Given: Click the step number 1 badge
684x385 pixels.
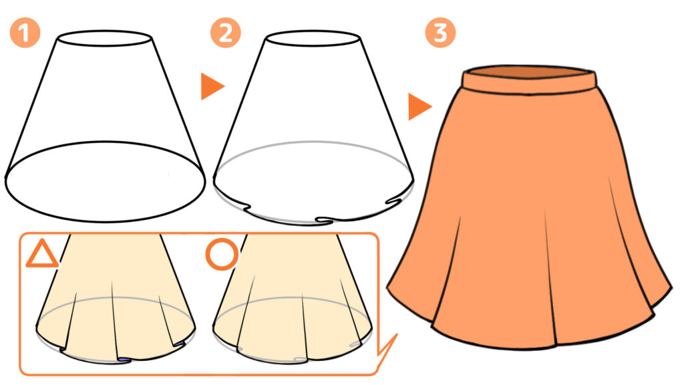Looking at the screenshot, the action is point(25,33).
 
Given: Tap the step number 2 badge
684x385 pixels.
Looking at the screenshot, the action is point(226,33).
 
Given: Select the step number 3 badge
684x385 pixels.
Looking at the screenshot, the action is point(440,33).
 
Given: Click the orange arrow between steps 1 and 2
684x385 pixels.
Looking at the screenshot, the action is point(212,86).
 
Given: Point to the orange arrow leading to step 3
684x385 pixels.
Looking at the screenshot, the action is point(419,106).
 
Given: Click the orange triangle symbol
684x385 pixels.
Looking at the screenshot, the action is point(42,255).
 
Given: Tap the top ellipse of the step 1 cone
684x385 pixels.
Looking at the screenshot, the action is point(105,31).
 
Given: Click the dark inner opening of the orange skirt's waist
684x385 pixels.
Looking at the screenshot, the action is point(530,72).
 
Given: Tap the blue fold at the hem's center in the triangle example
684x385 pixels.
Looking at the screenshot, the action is point(125,359).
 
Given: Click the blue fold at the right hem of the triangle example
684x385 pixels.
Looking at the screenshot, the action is point(179,345).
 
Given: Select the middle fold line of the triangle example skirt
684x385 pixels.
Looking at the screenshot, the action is point(115,320).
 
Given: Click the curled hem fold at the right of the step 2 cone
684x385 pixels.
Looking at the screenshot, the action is point(394,201).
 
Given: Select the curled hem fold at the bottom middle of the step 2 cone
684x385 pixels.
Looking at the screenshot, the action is point(325,219).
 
